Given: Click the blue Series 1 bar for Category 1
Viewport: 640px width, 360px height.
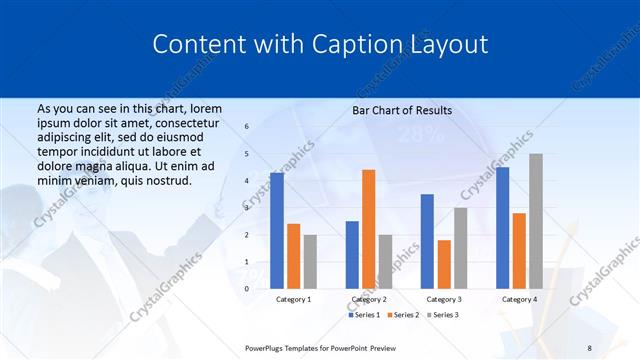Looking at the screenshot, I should click(277, 231).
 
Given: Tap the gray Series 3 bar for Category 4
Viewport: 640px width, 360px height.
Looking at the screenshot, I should click(536, 221).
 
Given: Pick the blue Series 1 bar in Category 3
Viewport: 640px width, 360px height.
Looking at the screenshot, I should click(427, 241).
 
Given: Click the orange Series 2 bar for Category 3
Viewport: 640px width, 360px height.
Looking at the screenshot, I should click(443, 264).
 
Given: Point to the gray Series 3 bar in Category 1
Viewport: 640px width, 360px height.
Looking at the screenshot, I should click(309, 262).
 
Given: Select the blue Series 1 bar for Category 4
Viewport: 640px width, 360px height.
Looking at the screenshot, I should click(502, 228).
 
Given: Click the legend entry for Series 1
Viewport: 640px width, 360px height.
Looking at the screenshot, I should click(364, 315).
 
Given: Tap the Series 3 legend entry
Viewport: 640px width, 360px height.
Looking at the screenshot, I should click(445, 315).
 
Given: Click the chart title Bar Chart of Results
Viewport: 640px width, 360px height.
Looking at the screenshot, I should click(402, 110).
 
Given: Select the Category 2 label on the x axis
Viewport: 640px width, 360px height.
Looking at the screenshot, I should click(367, 299).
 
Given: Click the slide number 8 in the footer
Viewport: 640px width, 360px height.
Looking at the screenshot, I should click(590, 347).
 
